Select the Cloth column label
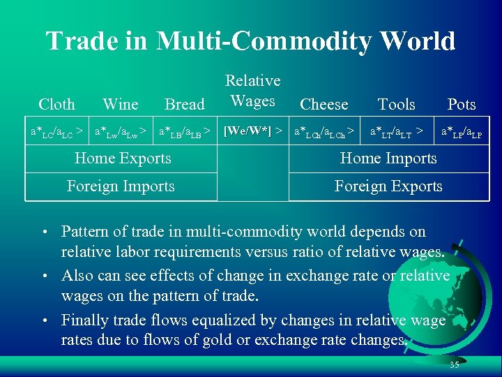[56, 105]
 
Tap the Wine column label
[120, 105]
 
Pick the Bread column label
[184, 105]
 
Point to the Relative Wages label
[252, 91]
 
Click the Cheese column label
[324, 105]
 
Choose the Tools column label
[396, 105]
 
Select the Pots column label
[461, 105]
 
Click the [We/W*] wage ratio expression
[248, 131]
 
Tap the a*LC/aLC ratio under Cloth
[52, 131]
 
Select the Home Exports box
[122, 158]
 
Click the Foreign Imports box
[121, 186]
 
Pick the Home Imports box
[388, 158]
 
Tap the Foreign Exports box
[388, 186]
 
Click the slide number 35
[454, 365]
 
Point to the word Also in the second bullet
[76, 276]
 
